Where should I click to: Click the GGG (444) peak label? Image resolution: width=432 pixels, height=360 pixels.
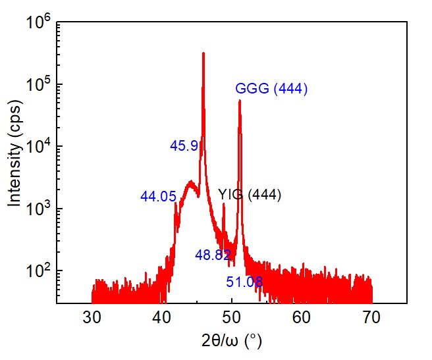point(271,89)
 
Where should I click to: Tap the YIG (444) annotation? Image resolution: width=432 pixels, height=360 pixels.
point(250,194)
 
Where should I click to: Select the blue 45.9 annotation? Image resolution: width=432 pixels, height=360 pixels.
point(184,146)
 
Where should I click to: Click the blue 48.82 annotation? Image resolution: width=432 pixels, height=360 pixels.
point(213,255)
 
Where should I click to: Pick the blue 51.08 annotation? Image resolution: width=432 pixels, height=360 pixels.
point(244,282)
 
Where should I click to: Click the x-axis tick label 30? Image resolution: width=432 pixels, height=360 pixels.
point(92,318)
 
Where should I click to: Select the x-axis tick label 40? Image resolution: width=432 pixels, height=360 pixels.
point(161,318)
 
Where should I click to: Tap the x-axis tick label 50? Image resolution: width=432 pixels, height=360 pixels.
point(231,318)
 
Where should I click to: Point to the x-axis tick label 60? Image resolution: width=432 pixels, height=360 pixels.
point(301,318)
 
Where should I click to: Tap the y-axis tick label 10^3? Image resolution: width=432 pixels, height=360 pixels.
point(38,209)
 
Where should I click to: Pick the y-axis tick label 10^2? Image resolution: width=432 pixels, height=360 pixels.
point(38,271)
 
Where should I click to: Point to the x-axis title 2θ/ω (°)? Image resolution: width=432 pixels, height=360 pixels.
point(231,342)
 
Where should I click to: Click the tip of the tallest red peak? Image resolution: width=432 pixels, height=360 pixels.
point(203,53)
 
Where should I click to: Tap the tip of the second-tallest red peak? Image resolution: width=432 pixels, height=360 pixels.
point(240,101)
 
